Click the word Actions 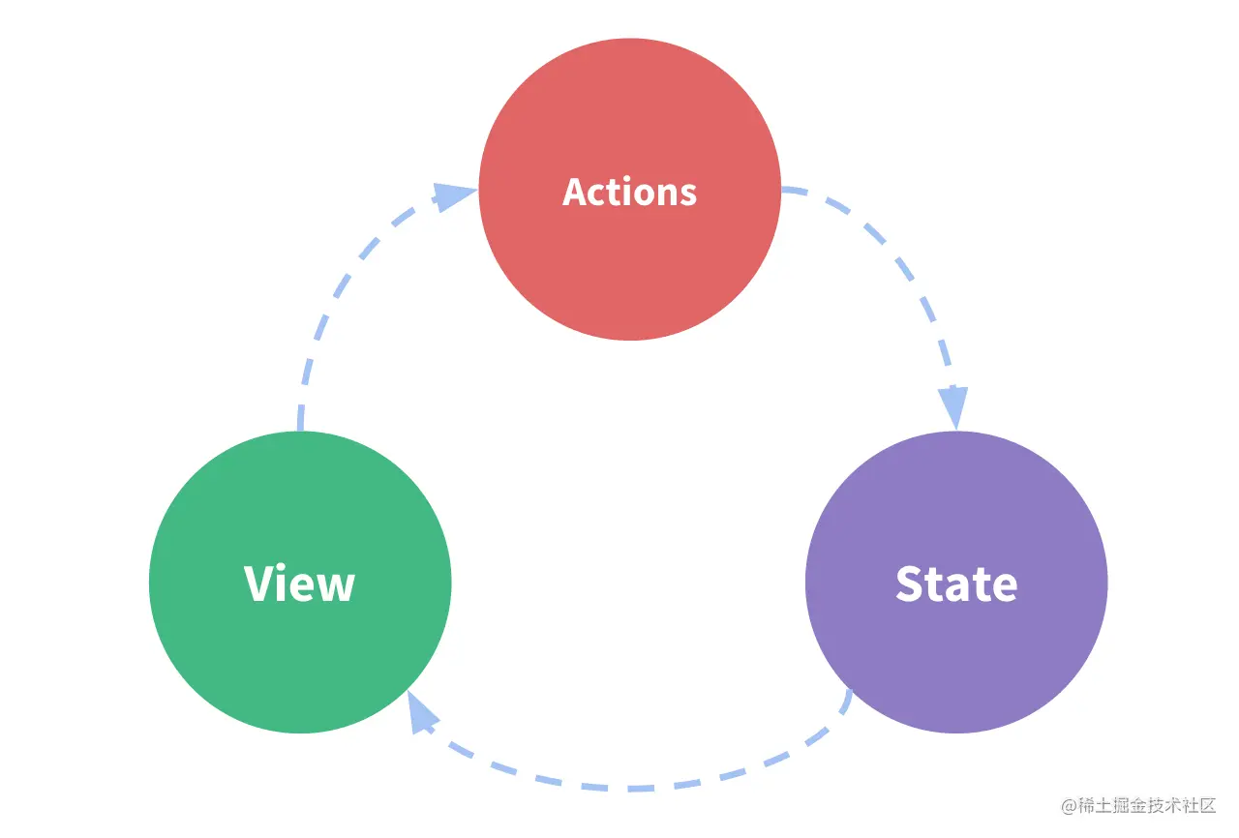point(629,192)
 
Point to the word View point(300,584)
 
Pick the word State point(956,584)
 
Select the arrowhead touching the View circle point(421,714)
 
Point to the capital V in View point(259,584)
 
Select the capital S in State point(911,584)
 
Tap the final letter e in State point(1004,587)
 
